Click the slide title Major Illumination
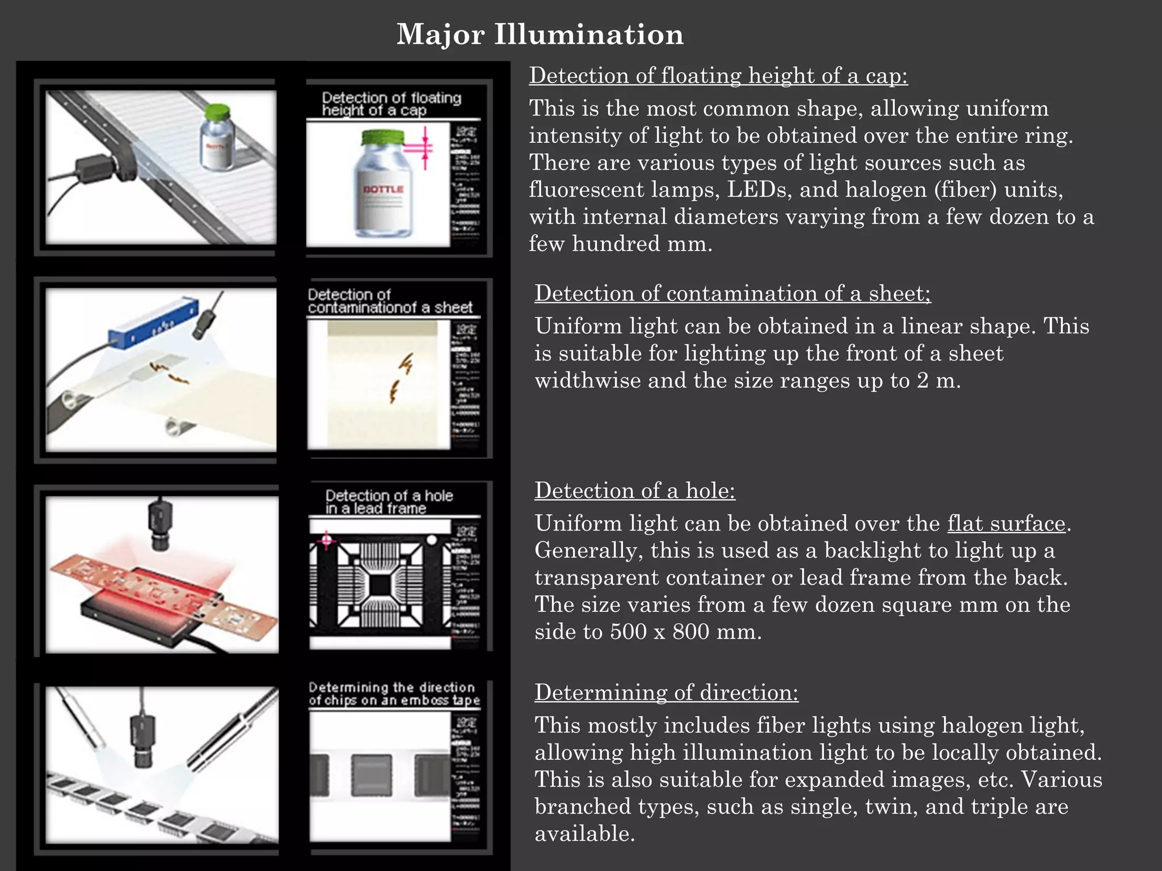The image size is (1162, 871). tap(540, 34)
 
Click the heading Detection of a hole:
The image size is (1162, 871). tap(634, 491)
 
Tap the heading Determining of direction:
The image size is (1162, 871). tap(666, 692)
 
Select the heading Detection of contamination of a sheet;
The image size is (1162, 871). tap(732, 293)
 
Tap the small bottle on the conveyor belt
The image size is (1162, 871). tap(218, 139)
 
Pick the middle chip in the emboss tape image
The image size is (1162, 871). tap(372, 775)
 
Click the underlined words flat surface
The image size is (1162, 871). tap(1006, 523)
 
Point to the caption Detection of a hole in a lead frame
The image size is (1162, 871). tap(389, 502)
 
